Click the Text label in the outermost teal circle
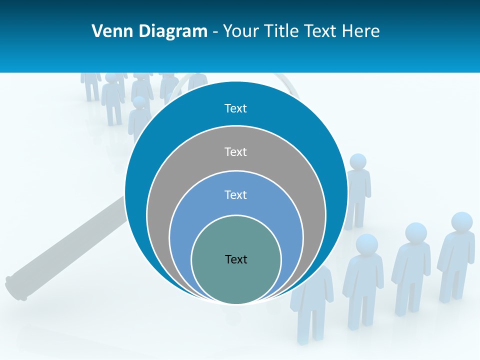click(235, 108)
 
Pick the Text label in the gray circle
click(235, 151)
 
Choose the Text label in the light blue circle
click(235, 194)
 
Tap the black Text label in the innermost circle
click(236, 259)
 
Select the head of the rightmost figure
click(461, 222)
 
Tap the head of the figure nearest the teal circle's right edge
click(357, 161)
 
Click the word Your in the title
click(240, 31)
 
